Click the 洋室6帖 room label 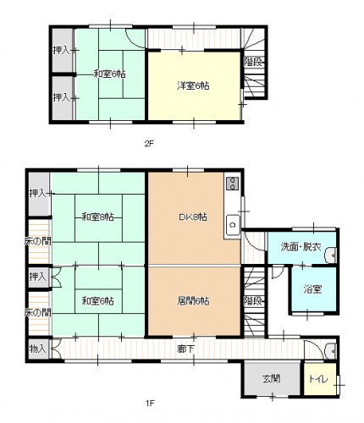tap(193, 85)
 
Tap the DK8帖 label tap(193, 217)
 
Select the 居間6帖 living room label tap(193, 301)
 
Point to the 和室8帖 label tap(98, 217)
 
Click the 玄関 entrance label tap(272, 379)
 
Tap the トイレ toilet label tap(318, 379)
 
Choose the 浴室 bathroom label tap(313, 289)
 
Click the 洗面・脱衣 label tap(301, 247)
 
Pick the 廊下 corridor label tap(185, 349)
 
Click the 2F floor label tap(149, 144)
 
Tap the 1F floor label tap(150, 403)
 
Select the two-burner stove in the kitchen tap(233, 184)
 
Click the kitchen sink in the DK tap(233, 225)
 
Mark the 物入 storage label tap(37, 349)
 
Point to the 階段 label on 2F tap(253, 62)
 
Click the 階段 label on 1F tap(253, 301)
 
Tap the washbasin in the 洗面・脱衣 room tap(331, 255)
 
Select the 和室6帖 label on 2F tap(109, 74)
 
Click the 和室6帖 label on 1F tap(98, 301)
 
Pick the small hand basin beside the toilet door tap(331, 351)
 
